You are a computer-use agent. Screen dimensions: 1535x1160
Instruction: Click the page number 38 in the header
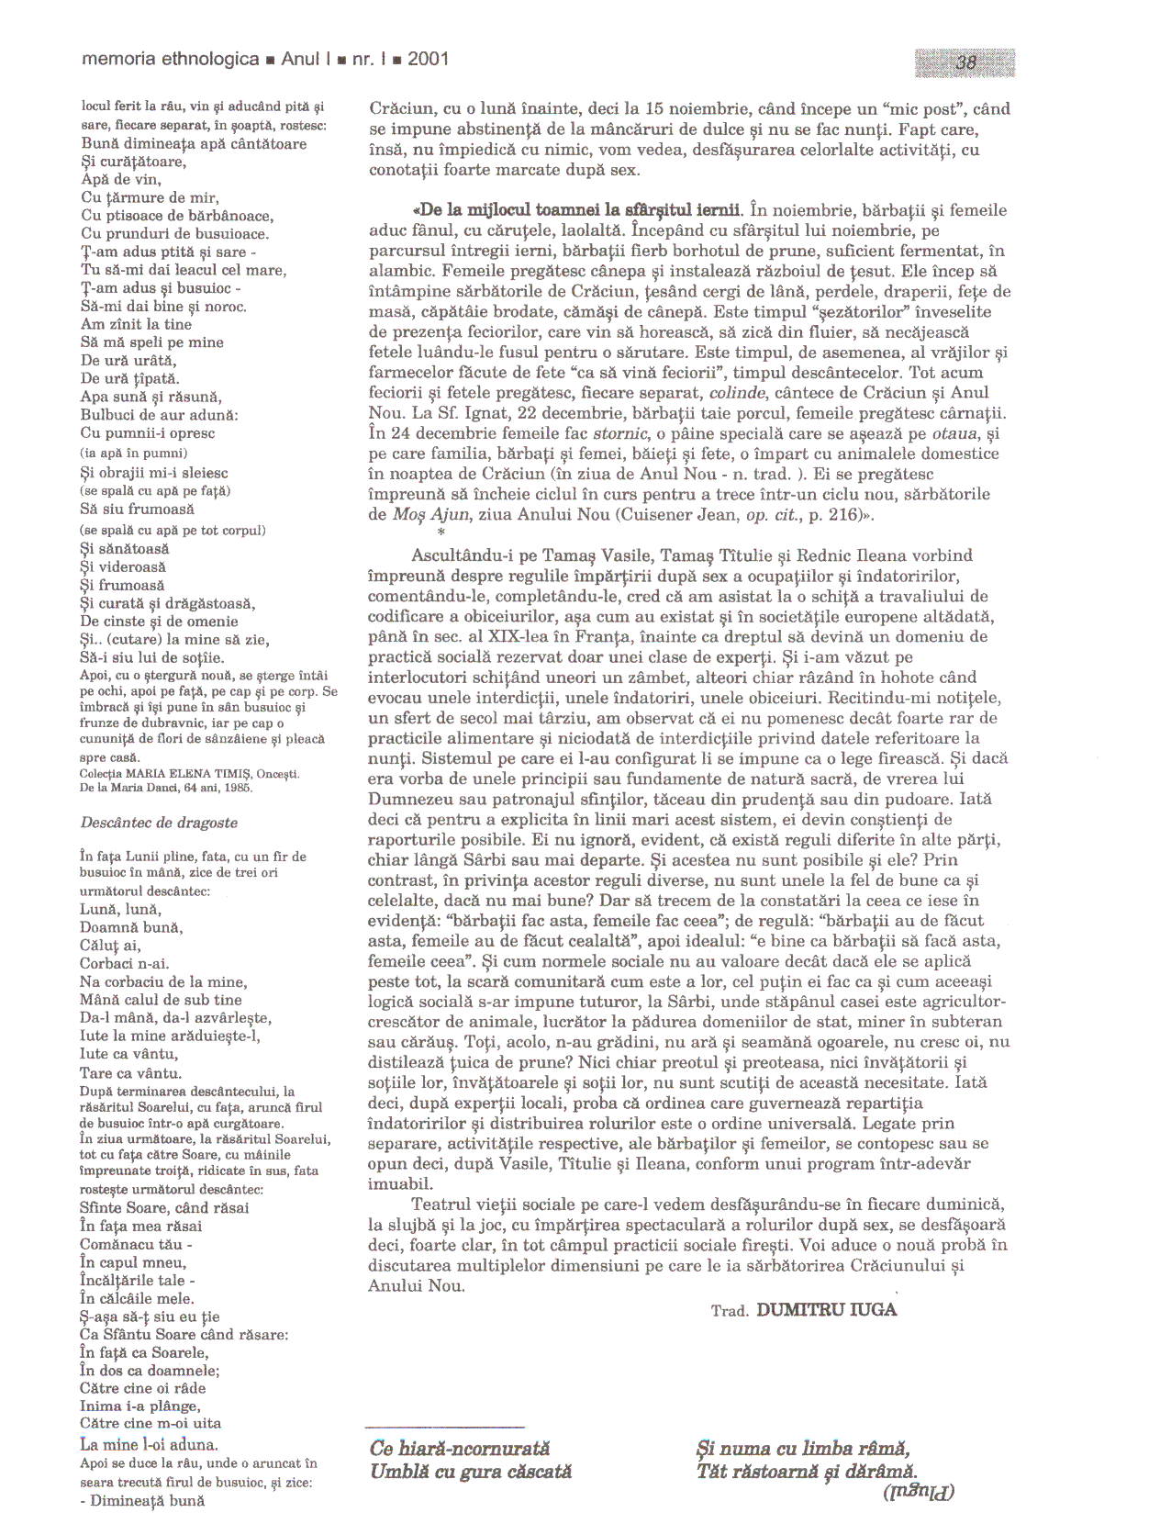coord(965,62)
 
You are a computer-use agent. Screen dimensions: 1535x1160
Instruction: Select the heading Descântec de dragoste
coord(159,823)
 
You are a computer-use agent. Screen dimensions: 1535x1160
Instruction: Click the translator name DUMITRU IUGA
coord(826,1310)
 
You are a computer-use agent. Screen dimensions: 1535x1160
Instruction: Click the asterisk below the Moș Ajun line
coord(441,533)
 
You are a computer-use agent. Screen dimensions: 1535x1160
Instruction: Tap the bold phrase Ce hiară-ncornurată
coord(460,1449)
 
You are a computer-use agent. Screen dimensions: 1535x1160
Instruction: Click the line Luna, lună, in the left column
coord(121,909)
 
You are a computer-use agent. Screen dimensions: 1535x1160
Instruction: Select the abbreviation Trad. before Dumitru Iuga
coord(730,1311)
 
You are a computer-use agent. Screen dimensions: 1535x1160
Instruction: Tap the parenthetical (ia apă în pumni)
coord(134,453)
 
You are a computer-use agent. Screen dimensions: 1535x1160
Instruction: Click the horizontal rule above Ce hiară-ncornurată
coord(444,1427)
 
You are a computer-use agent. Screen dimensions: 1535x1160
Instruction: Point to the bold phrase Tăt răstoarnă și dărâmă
coord(808,1471)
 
